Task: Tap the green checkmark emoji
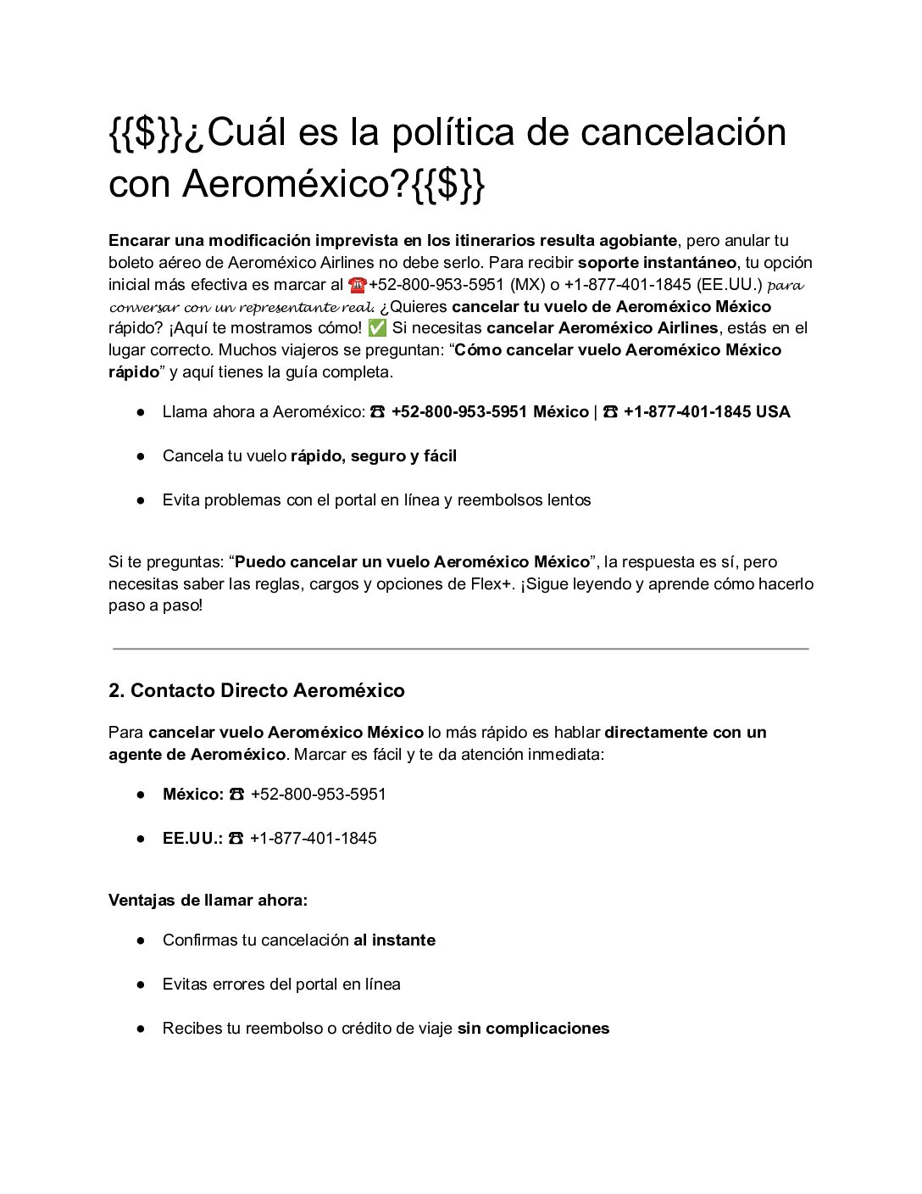378,328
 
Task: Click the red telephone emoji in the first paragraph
357,285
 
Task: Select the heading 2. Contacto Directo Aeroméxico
256,690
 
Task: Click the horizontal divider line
460,649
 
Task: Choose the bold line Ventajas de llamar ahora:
208,900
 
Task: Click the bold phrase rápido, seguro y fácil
373,456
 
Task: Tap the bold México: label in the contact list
192,795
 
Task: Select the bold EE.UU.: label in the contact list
192,839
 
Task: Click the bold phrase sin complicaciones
533,1029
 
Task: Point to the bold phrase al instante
394,940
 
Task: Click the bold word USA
773,412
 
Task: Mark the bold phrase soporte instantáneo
657,263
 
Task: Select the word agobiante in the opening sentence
637,241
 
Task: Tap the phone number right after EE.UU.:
313,839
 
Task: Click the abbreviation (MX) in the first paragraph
527,285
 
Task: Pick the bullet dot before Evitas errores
141,985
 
